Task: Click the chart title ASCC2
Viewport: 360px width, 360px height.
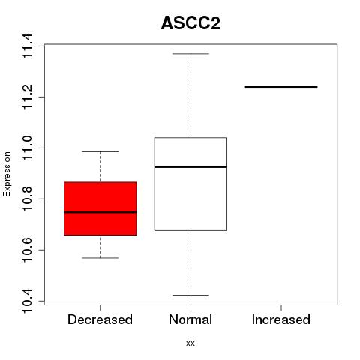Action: [190, 23]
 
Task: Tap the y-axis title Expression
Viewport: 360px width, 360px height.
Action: [7, 174]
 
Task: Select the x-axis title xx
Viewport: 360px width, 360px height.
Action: [190, 343]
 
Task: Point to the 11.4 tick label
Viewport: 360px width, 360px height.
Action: [27, 46]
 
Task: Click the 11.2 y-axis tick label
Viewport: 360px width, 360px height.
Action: [27, 97]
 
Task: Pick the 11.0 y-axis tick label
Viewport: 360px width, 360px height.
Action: [27, 148]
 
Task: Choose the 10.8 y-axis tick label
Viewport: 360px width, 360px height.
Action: [27, 199]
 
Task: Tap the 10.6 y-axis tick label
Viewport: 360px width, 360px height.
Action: [27, 250]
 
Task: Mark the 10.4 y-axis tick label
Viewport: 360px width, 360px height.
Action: [27, 301]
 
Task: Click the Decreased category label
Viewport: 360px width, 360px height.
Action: [100, 319]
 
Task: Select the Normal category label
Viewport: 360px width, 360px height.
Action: [190, 319]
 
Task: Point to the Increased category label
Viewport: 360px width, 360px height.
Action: [281, 319]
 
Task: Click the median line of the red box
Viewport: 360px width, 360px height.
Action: [100, 212]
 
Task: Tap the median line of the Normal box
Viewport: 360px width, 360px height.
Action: [190, 166]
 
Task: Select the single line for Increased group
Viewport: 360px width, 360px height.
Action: [281, 87]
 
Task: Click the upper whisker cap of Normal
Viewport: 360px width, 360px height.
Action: [190, 54]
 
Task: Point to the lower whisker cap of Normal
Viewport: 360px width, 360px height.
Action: [190, 295]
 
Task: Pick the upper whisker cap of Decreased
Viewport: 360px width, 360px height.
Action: [100, 151]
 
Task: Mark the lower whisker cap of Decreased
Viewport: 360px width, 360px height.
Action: [100, 258]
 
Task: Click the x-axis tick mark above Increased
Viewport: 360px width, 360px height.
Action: [281, 307]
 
